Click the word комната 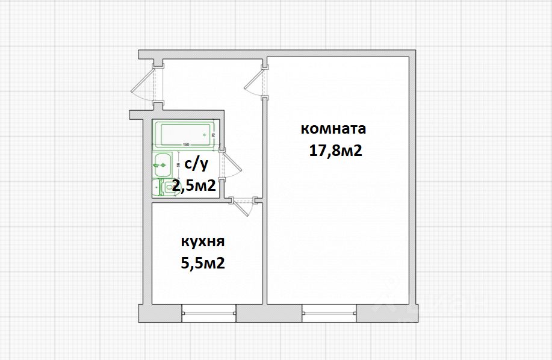(x=333, y=129)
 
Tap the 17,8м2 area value (x=335, y=151)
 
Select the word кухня (x=202, y=242)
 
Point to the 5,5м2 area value (x=203, y=263)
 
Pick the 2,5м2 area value (x=194, y=185)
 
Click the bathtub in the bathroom (x=184, y=134)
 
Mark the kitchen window (x=208, y=312)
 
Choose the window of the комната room (x=329, y=312)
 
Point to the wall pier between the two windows (x=268, y=313)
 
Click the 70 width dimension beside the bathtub (x=214, y=135)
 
